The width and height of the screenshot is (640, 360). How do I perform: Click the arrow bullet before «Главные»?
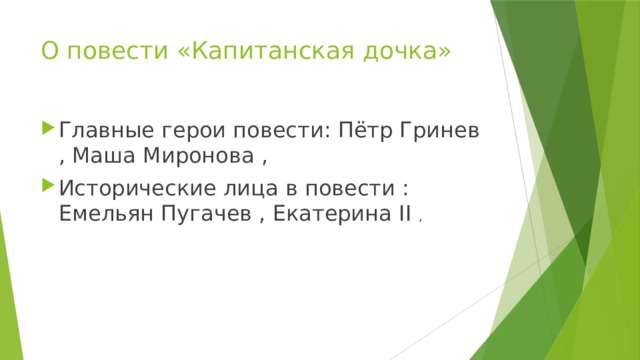[x=48, y=131]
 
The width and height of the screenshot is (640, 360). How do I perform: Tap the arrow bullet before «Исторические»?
[x=48, y=187]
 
